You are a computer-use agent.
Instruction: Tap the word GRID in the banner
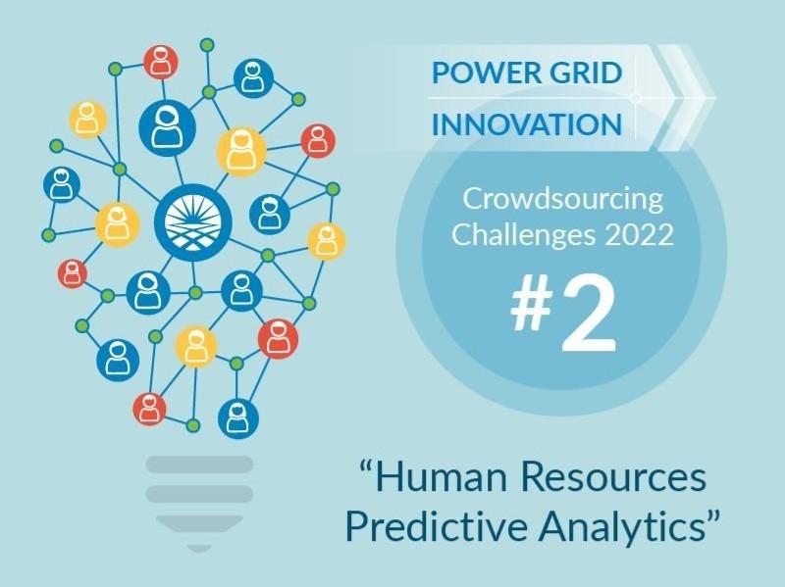point(582,73)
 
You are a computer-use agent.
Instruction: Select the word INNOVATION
point(527,124)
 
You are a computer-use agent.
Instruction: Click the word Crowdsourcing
point(562,199)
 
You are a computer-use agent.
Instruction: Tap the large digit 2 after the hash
point(590,314)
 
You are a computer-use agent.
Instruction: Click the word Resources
point(614,477)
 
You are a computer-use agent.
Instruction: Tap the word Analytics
point(622,527)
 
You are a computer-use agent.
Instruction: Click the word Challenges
point(524,235)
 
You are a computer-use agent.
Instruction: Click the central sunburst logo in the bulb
point(193,222)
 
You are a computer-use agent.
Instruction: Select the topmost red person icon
point(161,62)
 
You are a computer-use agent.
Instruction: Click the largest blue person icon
point(167,128)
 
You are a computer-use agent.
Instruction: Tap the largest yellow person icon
point(241,152)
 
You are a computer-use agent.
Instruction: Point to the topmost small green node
point(207,45)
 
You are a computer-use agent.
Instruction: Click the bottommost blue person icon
point(238,419)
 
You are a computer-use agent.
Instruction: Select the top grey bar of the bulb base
point(199,464)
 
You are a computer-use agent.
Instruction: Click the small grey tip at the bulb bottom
point(199,549)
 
